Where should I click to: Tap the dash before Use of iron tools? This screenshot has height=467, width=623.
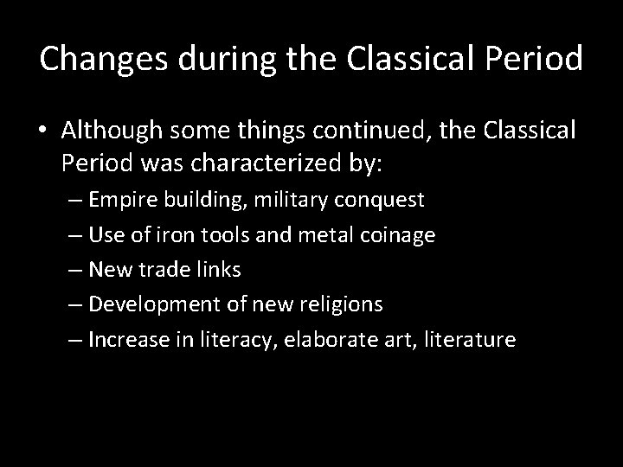pos(75,235)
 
